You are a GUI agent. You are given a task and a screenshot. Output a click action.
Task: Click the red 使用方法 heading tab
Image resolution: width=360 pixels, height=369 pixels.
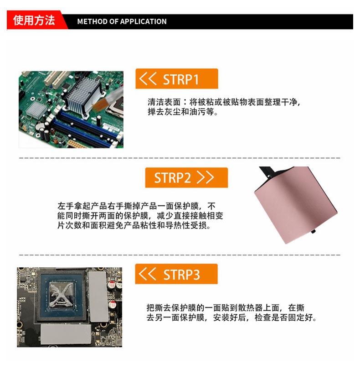pos(35,20)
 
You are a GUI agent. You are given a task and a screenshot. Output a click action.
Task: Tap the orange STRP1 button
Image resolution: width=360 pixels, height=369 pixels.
pos(177,78)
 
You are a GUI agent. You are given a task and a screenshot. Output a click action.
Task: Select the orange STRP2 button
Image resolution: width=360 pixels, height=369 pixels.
pos(186,177)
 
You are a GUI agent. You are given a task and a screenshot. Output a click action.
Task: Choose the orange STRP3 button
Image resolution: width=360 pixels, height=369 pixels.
pos(176,274)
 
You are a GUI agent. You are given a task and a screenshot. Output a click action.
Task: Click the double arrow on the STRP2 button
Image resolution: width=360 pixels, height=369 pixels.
pos(205,177)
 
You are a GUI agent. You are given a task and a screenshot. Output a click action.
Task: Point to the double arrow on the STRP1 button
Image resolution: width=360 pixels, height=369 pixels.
pos(148,78)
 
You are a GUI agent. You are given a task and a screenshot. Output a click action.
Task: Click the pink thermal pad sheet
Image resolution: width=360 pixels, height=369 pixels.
pos(295,204)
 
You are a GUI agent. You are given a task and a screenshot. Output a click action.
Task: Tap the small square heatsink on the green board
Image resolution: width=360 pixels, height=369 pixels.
pos(36,109)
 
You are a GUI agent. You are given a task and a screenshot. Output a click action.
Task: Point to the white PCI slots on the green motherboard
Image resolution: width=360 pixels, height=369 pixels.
pos(57,79)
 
